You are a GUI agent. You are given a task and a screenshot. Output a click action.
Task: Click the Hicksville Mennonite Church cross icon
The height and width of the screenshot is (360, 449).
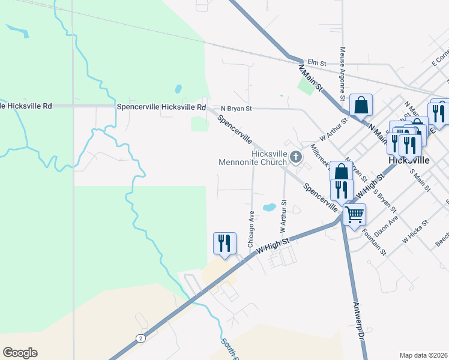click(295, 158)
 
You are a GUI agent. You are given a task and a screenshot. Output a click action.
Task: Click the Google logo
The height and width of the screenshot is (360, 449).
click(20, 353)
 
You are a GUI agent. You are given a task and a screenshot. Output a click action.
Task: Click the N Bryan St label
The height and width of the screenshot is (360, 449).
click(236, 109)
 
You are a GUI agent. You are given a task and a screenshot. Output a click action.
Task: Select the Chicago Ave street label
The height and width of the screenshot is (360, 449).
click(251, 229)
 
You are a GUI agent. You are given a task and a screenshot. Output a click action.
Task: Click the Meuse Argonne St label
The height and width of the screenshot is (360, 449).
click(342, 74)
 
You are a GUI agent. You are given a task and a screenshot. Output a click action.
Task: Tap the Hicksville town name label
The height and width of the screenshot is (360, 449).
click(408, 161)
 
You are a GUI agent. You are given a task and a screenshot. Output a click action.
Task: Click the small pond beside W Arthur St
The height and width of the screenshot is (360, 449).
click(270, 207)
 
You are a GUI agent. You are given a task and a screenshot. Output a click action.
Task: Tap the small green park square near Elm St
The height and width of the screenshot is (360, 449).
click(306, 86)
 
